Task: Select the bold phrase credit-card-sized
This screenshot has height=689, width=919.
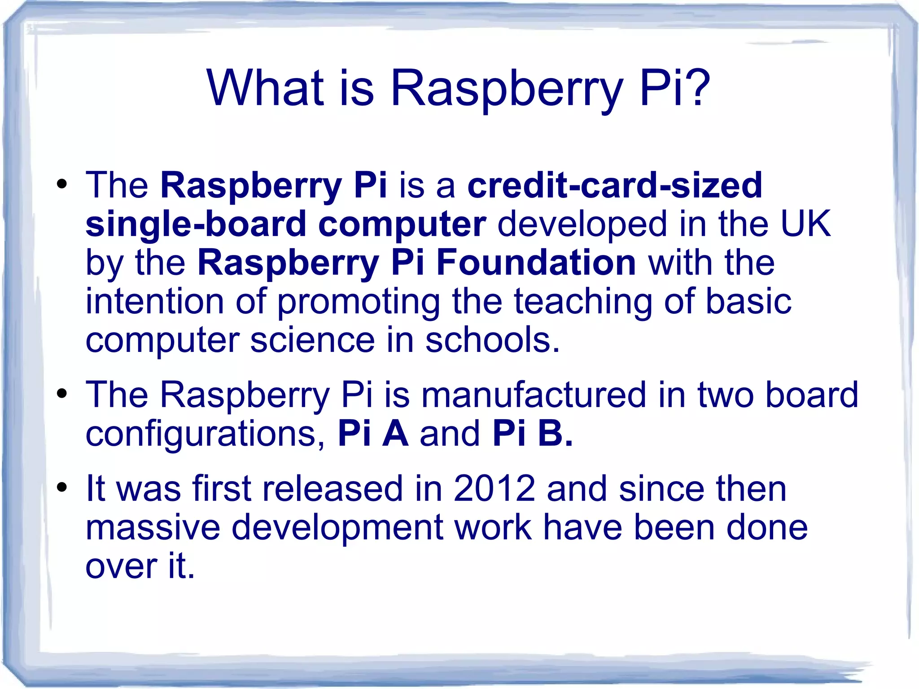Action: (x=615, y=185)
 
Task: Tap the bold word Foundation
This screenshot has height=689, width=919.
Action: (x=536, y=263)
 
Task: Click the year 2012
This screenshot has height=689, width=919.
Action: (x=494, y=488)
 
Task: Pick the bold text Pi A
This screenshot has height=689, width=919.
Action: (x=373, y=434)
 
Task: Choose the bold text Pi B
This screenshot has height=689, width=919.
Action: (x=532, y=434)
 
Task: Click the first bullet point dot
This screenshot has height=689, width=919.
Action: (x=62, y=184)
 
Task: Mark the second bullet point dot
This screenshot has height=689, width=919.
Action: (x=62, y=394)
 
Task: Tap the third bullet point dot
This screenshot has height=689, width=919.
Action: (x=62, y=487)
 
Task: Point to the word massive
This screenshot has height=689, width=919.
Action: (x=153, y=527)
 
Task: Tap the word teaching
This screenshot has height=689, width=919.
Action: (x=583, y=302)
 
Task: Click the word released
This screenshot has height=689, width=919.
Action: (x=333, y=488)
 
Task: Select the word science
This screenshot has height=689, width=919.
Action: (x=312, y=340)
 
